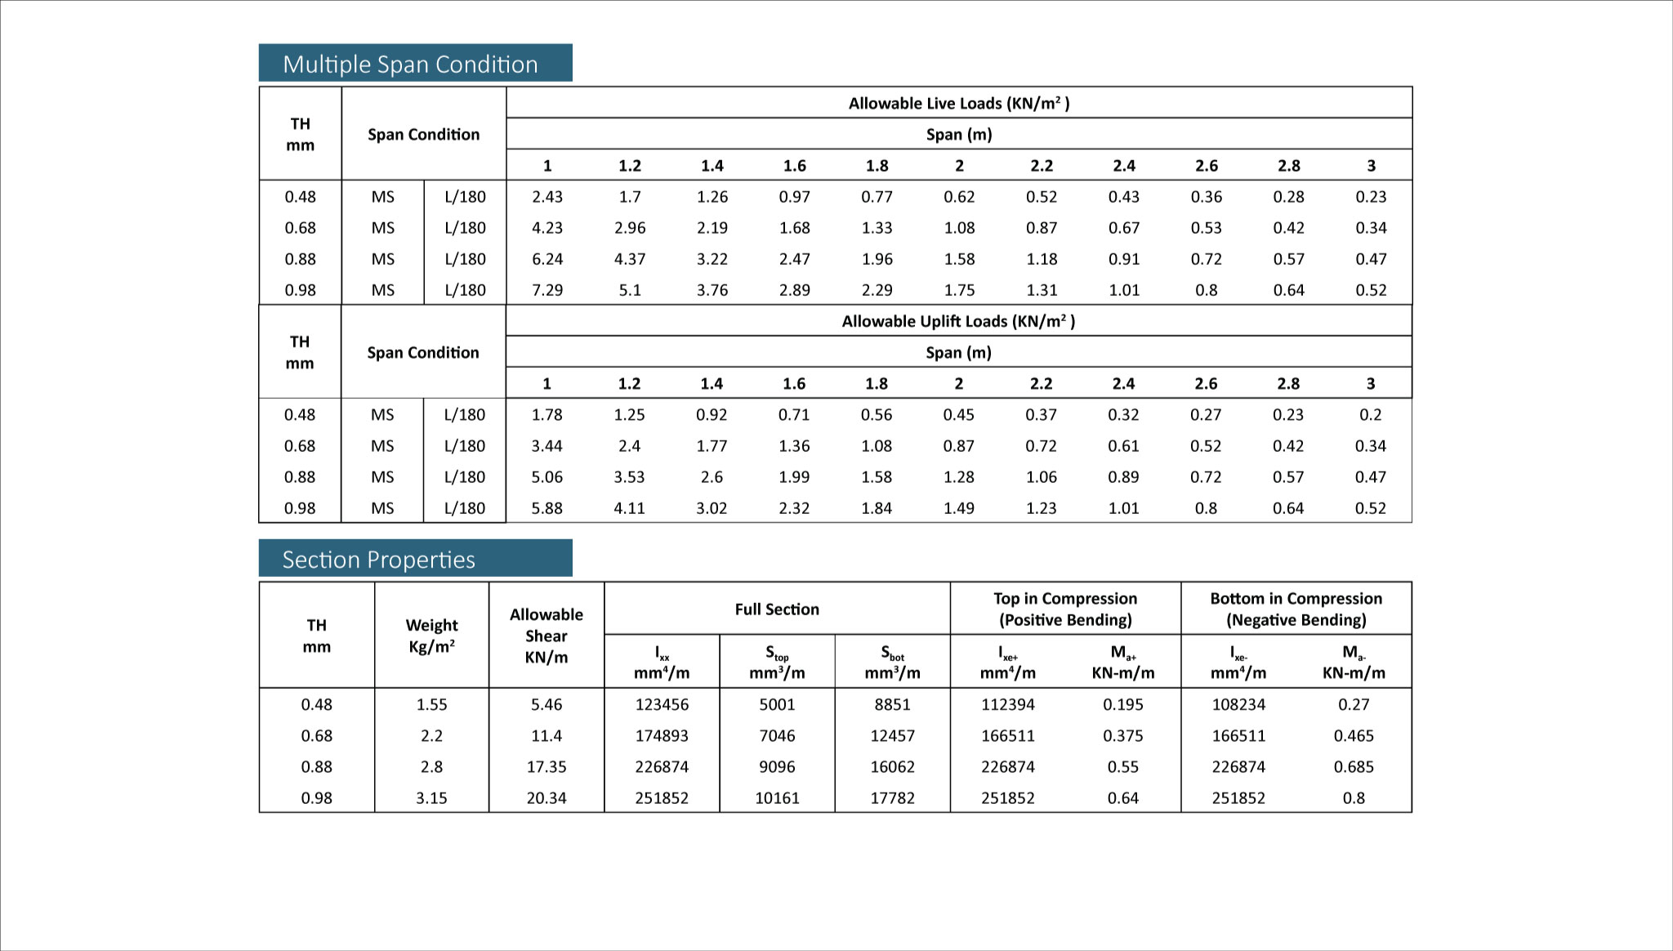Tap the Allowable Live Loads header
tap(958, 103)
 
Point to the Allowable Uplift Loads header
tap(958, 321)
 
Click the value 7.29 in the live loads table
tap(547, 290)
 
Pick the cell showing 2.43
tap(547, 197)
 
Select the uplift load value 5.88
tap(547, 508)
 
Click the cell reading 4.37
tap(630, 259)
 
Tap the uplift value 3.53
tap(629, 477)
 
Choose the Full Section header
tap(776, 609)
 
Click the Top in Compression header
tap(1065, 609)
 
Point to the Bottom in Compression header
tap(1296, 609)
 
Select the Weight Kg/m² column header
tap(431, 636)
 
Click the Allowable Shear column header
tap(547, 636)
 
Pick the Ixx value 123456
tap(662, 704)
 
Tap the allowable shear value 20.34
tap(547, 798)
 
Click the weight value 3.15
tap(431, 798)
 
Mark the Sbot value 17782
tap(892, 798)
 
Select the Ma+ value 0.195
tap(1123, 704)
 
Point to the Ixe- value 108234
tap(1238, 704)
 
